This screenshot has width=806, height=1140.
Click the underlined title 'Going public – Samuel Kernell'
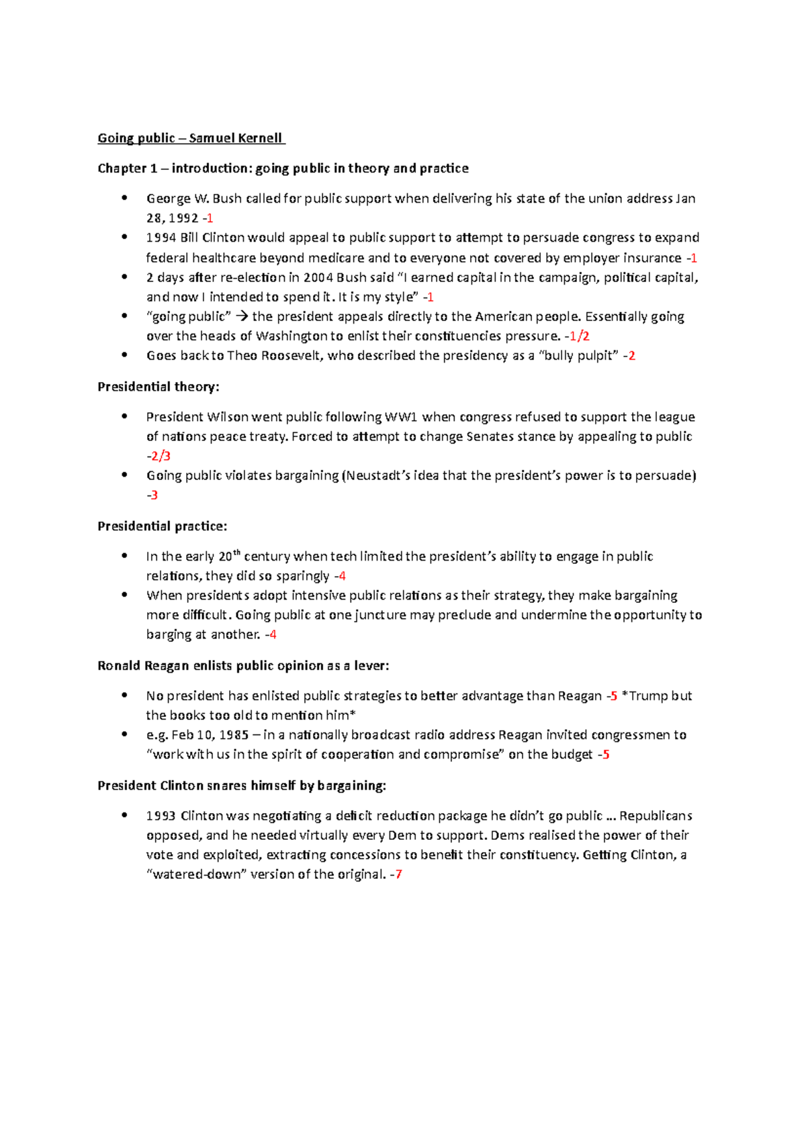[x=191, y=138]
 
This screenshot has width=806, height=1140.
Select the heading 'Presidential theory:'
[x=159, y=387]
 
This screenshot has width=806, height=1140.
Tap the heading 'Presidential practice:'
[x=162, y=526]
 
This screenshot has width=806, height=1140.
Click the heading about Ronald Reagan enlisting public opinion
[x=243, y=666]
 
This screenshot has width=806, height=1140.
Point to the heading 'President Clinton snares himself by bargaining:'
[x=242, y=786]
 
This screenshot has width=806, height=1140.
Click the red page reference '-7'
[x=396, y=875]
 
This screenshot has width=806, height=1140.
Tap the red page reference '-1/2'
[x=577, y=336]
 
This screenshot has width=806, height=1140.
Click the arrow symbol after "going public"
[x=242, y=317]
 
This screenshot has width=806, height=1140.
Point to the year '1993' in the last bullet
[x=161, y=816]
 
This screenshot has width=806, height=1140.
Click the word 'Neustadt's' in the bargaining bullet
[x=377, y=476]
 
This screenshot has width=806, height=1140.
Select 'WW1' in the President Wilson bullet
[x=401, y=417]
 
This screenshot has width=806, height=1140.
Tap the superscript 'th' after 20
[x=236, y=553]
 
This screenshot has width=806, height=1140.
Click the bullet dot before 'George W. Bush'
[x=124, y=198]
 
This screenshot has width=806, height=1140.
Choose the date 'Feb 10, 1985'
[x=210, y=735]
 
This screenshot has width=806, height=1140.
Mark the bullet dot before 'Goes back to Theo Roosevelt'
[x=124, y=355]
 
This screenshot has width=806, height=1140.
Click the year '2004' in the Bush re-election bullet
[x=318, y=278]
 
